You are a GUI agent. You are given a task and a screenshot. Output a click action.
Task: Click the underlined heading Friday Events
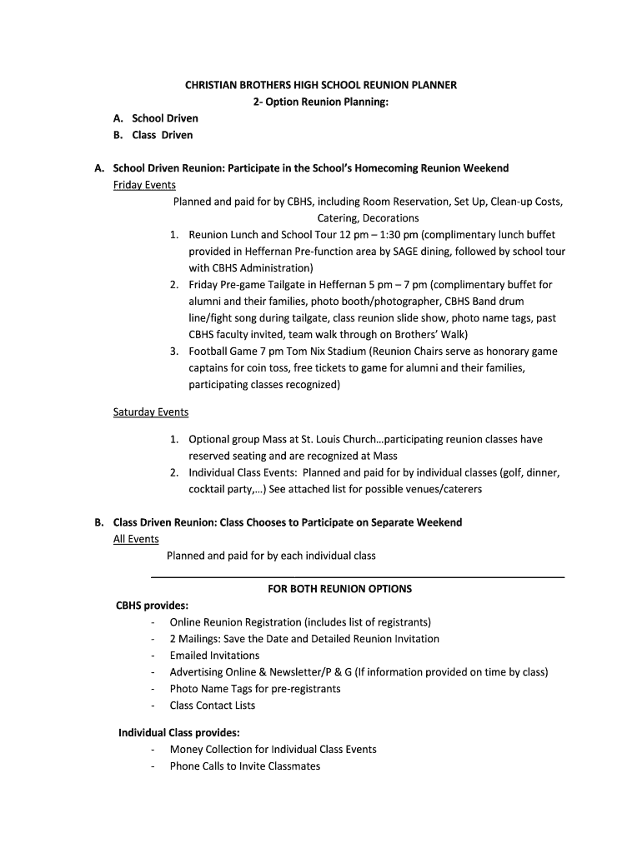click(x=144, y=185)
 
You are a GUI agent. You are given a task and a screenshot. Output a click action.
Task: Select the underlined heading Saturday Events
click(x=151, y=412)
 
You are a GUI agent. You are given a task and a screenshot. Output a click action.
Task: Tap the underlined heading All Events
click(x=136, y=539)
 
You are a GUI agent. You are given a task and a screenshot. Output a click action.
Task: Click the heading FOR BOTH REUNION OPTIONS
click(x=339, y=589)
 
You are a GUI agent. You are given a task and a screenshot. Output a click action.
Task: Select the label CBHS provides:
click(x=152, y=606)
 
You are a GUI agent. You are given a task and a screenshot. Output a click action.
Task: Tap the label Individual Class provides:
click(x=179, y=733)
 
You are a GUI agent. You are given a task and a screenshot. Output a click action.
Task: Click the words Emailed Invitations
click(x=214, y=656)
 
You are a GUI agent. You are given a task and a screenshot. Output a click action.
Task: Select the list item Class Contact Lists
click(x=213, y=706)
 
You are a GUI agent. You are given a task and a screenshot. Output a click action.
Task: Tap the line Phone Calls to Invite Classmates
click(x=244, y=766)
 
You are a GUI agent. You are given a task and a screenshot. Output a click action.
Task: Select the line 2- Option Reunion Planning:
click(x=321, y=102)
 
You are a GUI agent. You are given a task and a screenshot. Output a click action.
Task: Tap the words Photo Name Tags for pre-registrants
click(x=255, y=689)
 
